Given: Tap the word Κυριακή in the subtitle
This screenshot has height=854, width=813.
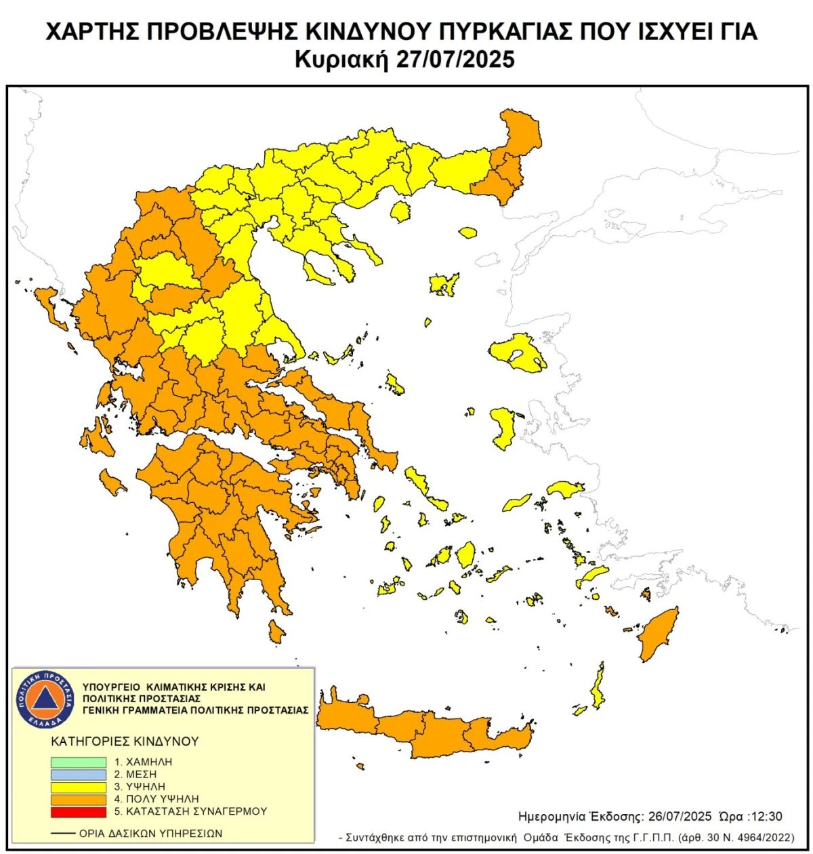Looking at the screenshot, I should pos(340,60).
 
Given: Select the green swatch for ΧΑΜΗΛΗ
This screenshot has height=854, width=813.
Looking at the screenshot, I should pos(78,762).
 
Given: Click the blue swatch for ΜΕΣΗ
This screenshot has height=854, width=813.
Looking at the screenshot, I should pos(78,774).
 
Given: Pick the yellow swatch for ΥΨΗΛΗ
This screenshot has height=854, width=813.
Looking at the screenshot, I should pos(78,787).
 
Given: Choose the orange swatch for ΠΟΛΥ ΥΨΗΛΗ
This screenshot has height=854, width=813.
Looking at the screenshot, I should pos(78,799).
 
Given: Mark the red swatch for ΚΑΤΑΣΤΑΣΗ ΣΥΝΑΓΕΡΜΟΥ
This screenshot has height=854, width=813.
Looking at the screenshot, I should pos(78,811).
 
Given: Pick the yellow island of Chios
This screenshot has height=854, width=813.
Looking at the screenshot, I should pos(502,428).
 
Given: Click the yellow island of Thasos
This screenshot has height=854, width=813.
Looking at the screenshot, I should pos(401,211).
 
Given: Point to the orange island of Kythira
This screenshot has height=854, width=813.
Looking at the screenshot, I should pos(276,632).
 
